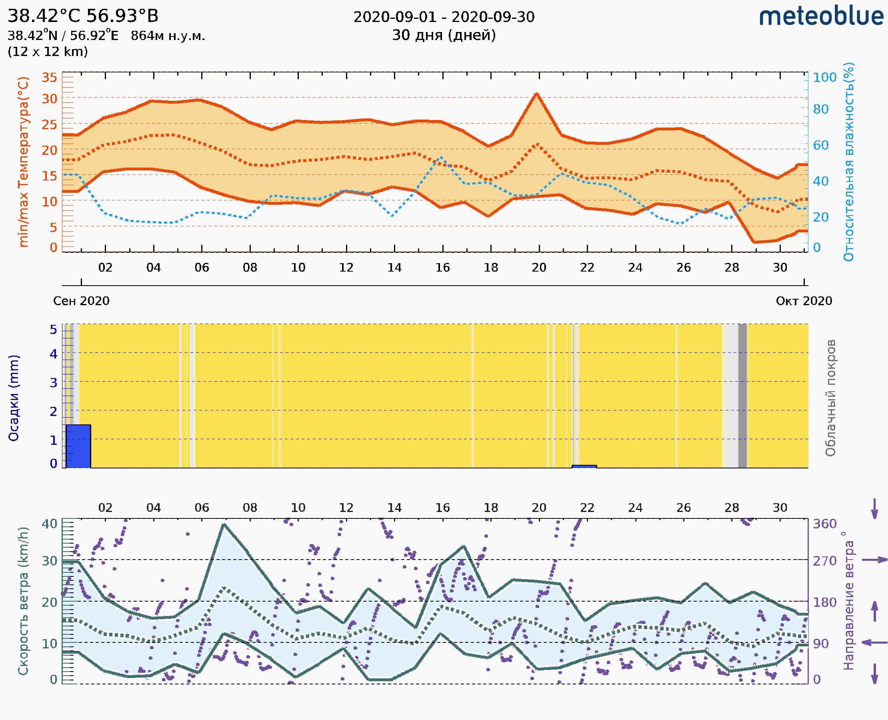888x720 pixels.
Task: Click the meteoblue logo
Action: tap(821, 16)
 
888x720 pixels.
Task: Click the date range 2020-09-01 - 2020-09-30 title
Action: tap(444, 17)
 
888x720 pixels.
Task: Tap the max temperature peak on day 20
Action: tap(536, 94)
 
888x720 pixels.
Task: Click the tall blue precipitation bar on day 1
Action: tap(78, 446)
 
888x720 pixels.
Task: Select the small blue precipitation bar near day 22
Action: tap(584, 466)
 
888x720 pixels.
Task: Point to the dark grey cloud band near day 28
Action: tap(742, 396)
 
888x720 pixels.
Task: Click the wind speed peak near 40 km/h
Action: tap(224, 525)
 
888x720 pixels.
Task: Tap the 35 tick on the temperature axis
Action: tap(49, 78)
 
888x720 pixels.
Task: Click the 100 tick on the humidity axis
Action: tap(824, 78)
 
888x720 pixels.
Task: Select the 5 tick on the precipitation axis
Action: tap(54, 330)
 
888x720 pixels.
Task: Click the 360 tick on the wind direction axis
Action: tap(824, 524)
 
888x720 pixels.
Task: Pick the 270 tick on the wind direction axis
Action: tap(824, 561)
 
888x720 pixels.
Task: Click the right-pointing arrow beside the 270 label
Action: tap(874, 560)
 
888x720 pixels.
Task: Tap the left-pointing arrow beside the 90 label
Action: tap(874, 643)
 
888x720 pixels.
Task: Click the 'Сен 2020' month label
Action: tap(81, 301)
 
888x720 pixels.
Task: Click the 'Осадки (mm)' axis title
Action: tap(14, 398)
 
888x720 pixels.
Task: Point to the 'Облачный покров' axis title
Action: tap(830, 398)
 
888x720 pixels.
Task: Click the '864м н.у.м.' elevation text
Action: tap(168, 36)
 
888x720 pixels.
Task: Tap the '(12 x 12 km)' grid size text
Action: tap(48, 52)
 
